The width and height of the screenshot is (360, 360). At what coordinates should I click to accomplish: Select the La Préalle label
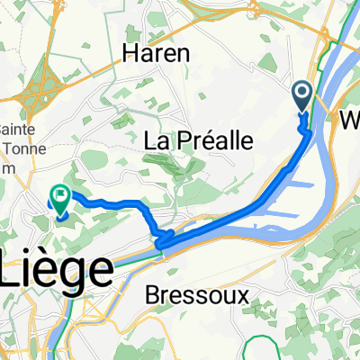tap(195, 141)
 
